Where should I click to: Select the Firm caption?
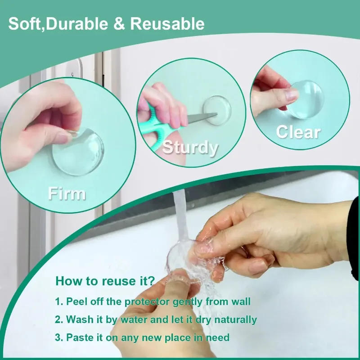[x=67, y=193]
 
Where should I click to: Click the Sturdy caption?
[x=190, y=148]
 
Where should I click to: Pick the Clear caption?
[x=298, y=132]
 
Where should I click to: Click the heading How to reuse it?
[x=105, y=282]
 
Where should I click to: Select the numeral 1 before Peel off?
[x=58, y=301]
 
